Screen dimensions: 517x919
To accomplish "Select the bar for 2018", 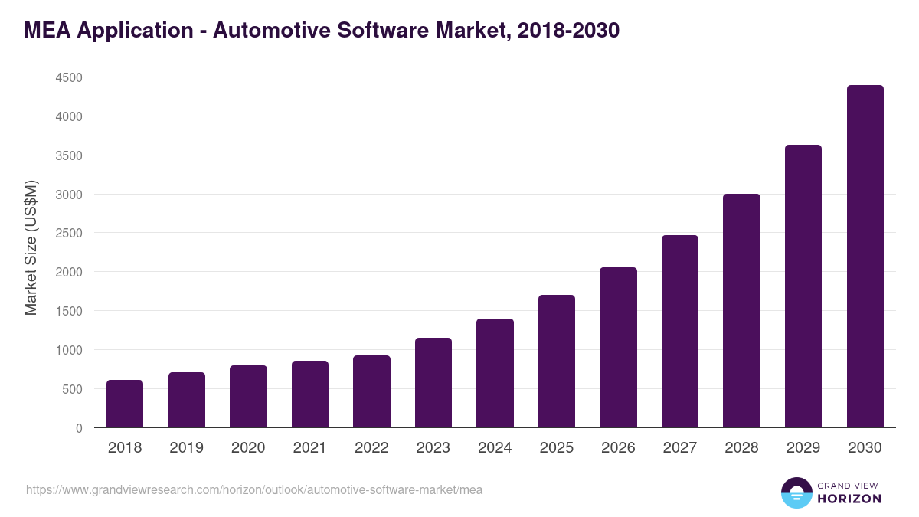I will tap(125, 404).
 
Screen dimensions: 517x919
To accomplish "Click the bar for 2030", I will tap(865, 257).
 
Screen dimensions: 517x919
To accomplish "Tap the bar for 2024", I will tap(495, 373).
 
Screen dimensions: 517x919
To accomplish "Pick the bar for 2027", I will tap(680, 331).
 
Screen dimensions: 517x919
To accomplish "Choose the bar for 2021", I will tap(309, 394).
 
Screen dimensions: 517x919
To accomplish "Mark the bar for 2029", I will tap(803, 286).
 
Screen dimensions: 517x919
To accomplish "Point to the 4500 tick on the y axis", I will tap(68, 77).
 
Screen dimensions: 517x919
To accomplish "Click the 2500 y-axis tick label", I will tap(68, 233).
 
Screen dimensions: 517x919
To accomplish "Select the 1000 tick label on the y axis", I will tap(68, 350).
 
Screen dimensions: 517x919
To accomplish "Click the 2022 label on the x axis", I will tap(371, 448).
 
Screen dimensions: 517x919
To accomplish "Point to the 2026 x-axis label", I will tap(618, 448).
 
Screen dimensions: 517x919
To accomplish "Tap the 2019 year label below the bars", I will tap(186, 448).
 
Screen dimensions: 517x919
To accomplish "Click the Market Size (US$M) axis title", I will tap(31, 247).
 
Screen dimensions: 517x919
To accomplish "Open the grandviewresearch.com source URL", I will tap(254, 489).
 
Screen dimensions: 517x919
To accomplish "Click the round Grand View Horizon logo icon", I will tap(796, 492).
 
